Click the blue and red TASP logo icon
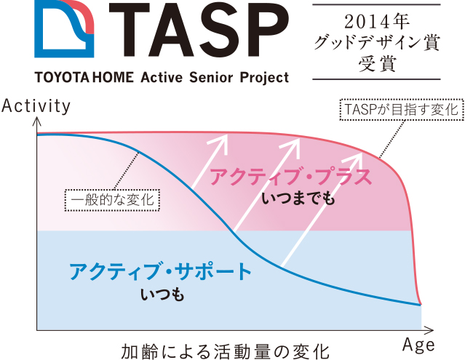[64, 28]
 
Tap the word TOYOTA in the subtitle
[62, 78]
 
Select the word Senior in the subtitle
[211, 78]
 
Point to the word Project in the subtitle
[264, 78]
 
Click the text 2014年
[376, 22]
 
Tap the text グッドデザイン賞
[376, 43]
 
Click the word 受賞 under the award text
[377, 63]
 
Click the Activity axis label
[36, 106]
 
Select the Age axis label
[419, 345]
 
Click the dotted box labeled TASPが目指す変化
[402, 110]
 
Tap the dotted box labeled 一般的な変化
[112, 200]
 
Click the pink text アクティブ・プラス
[290, 177]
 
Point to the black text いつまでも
[298, 199]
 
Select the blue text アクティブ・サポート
[160, 271]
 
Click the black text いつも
[162, 295]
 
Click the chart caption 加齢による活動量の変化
[225, 351]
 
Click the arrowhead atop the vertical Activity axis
[37, 121]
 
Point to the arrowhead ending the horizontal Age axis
[430, 330]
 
